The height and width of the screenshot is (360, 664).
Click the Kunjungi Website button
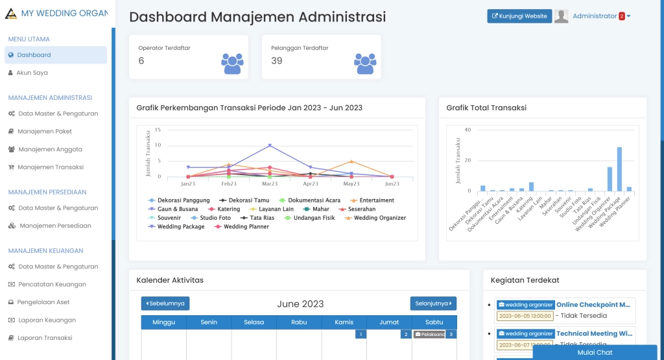[519, 16]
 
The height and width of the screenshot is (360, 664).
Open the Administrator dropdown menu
[601, 16]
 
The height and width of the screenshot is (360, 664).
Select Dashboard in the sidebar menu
[34, 55]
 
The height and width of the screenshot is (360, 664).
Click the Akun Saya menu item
[32, 73]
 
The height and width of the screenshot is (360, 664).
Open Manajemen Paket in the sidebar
[45, 131]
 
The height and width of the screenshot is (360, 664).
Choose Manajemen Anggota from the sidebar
[50, 149]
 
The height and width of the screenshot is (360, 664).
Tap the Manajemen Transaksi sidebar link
[50, 167]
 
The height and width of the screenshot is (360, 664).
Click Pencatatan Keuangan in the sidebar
[51, 284]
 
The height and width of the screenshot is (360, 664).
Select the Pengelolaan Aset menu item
[43, 302]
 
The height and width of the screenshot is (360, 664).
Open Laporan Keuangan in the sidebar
[46, 320]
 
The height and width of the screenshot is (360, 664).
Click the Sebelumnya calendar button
[165, 304]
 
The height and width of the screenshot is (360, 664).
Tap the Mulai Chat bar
[595, 352]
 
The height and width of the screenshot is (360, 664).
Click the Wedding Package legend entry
[180, 227]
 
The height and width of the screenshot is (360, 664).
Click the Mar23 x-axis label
[270, 184]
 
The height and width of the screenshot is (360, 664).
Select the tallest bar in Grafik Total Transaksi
[619, 169]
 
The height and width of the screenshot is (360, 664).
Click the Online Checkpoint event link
[593, 304]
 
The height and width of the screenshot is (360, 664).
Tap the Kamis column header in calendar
[344, 322]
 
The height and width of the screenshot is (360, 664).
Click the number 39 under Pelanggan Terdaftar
[277, 61]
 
